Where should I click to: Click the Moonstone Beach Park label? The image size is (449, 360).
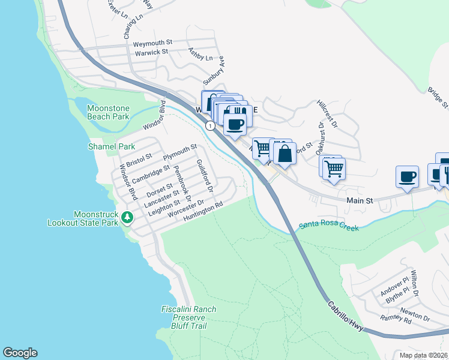pyautogui.click(x=108, y=112)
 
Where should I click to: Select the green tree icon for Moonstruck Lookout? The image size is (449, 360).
pyautogui.click(x=127, y=217)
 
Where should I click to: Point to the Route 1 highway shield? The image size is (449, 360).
pyautogui.click(x=210, y=125)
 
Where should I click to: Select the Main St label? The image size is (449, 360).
pyautogui.click(x=360, y=199)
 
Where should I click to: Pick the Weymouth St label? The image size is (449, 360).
pyautogui.click(x=152, y=43)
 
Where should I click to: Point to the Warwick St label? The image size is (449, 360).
pyautogui.click(x=151, y=52)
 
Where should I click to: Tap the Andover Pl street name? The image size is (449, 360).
pyautogui.click(x=394, y=287)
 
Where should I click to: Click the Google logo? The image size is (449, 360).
pyautogui.click(x=20, y=353)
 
